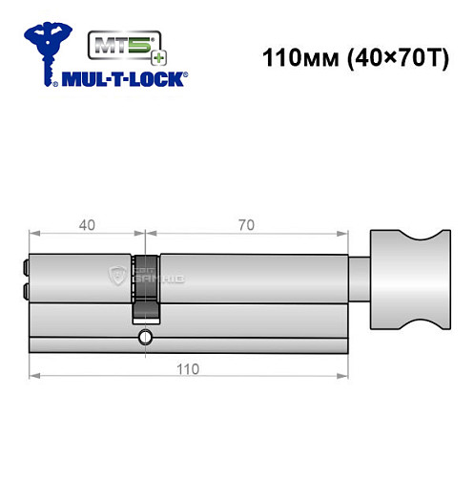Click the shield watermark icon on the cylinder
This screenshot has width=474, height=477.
118,276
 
